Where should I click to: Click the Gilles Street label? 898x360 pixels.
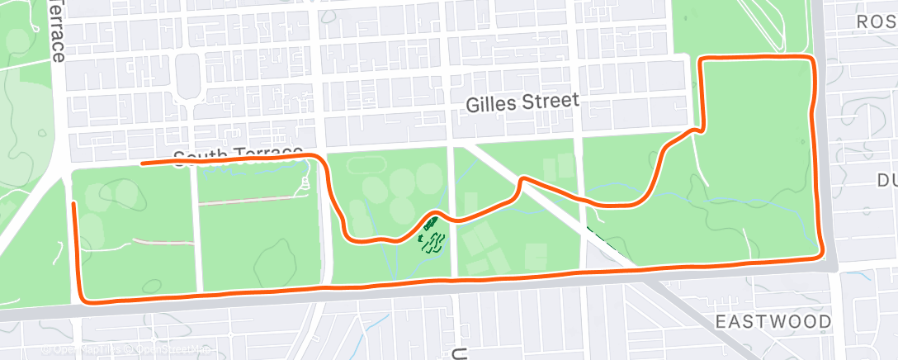click(522, 103)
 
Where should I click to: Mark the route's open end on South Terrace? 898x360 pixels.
click(143, 163)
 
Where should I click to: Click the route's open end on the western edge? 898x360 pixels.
click(74, 203)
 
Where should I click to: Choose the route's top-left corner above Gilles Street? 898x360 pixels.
click(702, 60)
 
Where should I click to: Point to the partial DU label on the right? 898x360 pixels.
click(886, 180)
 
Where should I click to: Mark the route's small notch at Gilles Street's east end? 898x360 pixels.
click(700, 129)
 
